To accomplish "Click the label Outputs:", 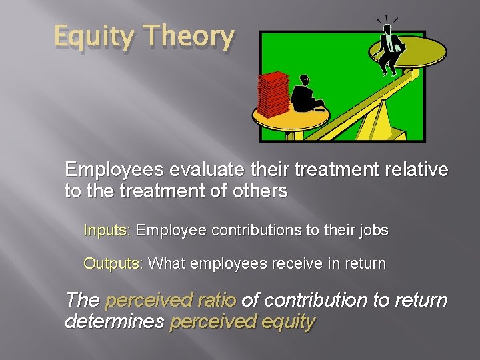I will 112,263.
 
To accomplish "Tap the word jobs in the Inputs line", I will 373,231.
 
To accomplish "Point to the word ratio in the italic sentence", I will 218,301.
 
